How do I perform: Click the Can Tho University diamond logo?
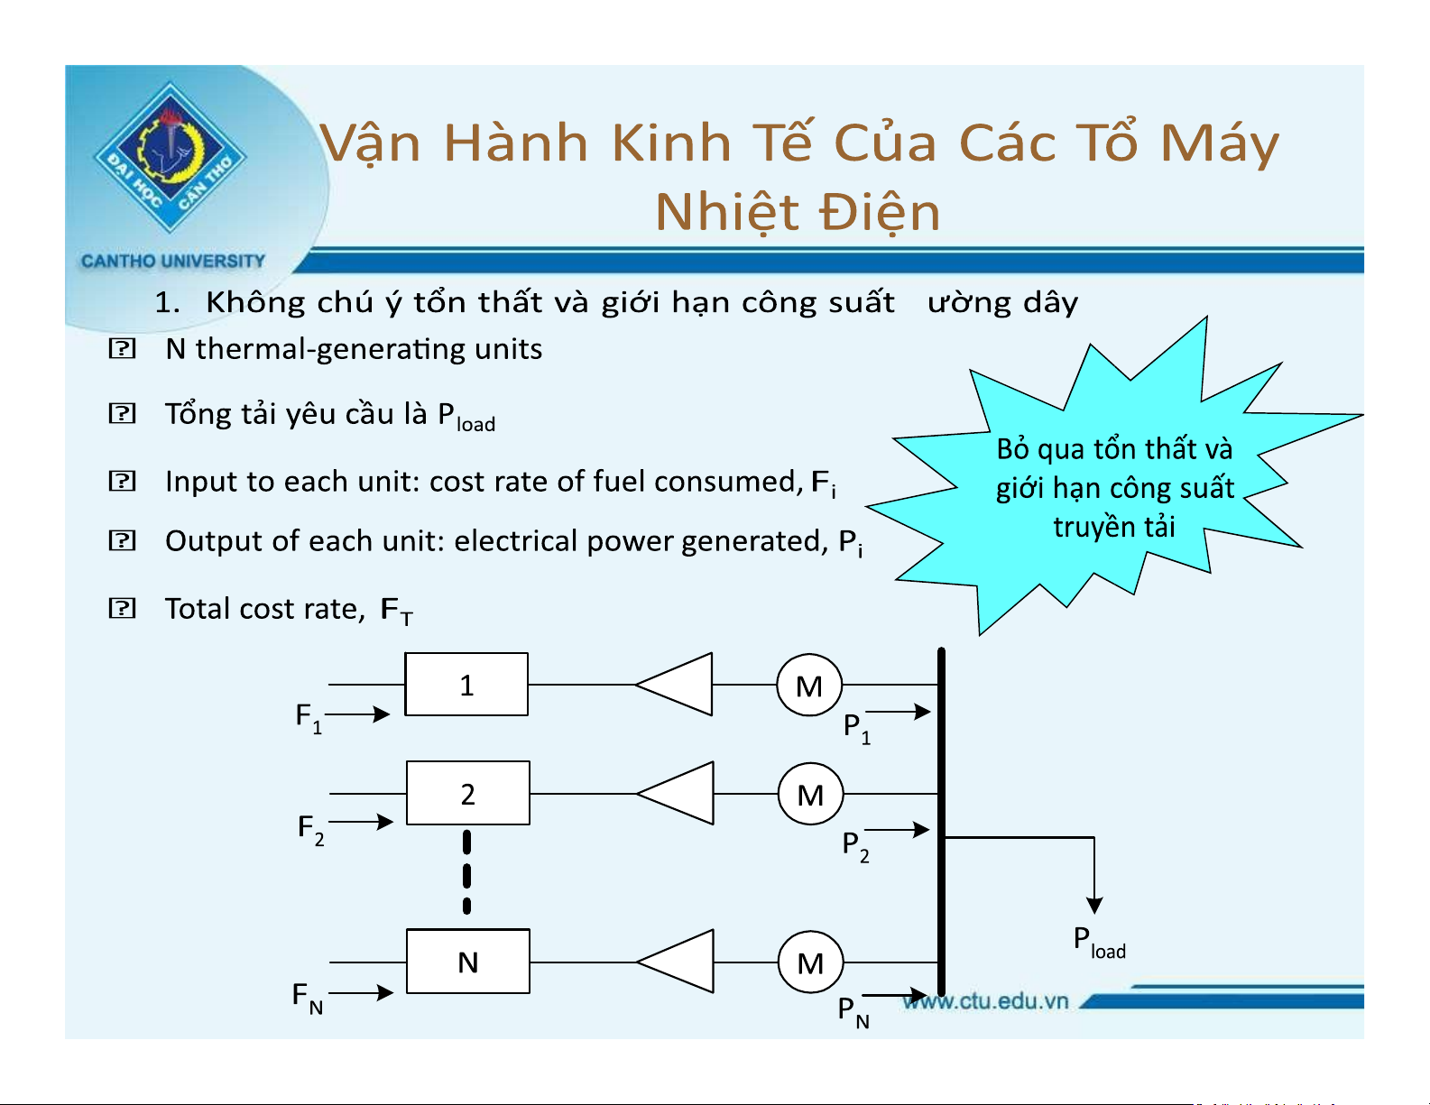[171, 157]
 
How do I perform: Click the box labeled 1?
[466, 684]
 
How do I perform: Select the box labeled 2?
[468, 793]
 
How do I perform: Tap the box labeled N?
[468, 961]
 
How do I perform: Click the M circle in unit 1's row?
[808, 686]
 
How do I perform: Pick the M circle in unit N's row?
[810, 963]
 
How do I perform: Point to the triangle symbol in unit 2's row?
[675, 793]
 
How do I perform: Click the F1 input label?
[309, 718]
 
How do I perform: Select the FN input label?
[308, 998]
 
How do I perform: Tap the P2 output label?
[855, 846]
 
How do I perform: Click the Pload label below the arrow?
[1099, 942]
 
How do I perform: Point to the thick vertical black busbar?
[941, 822]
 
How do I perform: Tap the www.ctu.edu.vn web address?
[985, 1001]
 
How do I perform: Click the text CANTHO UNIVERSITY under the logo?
[172, 261]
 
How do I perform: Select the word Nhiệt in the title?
[726, 212]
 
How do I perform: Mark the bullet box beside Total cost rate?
[122, 608]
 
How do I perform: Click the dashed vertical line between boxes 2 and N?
[466, 872]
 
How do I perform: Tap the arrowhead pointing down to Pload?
[1094, 906]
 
